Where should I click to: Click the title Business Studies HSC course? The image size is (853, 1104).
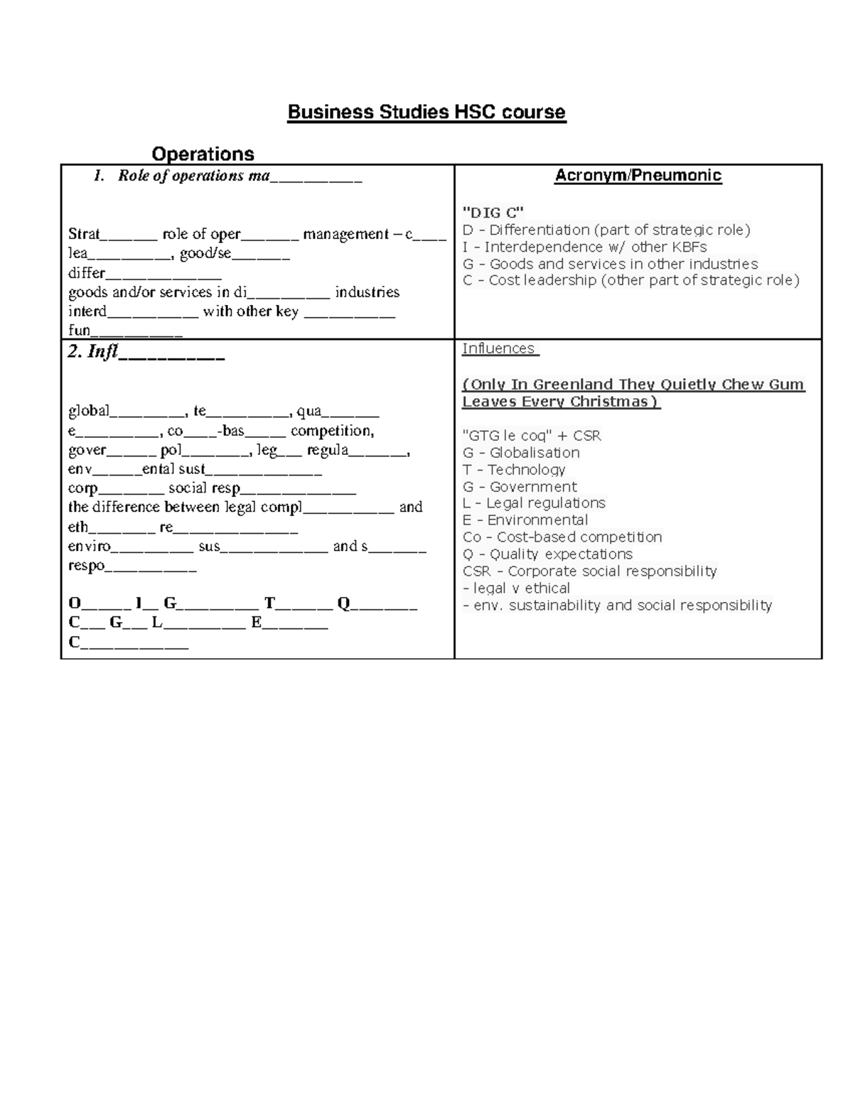pyautogui.click(x=426, y=112)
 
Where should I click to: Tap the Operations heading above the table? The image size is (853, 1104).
pyautogui.click(x=203, y=154)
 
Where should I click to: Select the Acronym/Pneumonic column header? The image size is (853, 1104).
pyautogui.click(x=638, y=176)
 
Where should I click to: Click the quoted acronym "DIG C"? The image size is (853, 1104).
pyautogui.click(x=493, y=212)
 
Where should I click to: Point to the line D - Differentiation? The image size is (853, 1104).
pyautogui.click(x=606, y=230)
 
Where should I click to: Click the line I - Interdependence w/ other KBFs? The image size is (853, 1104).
pyautogui.click(x=584, y=247)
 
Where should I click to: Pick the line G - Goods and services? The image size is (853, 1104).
pyautogui.click(x=610, y=264)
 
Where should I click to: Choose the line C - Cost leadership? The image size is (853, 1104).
pyautogui.click(x=631, y=280)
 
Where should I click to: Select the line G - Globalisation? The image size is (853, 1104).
pyautogui.click(x=520, y=453)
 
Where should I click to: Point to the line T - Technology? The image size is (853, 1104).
pyautogui.click(x=513, y=470)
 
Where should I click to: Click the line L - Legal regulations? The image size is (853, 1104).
pyautogui.click(x=533, y=503)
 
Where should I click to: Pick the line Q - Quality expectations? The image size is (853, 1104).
pyautogui.click(x=547, y=554)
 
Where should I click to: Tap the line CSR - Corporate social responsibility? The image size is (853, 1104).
pyautogui.click(x=589, y=572)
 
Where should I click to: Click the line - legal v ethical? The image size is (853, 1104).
pyautogui.click(x=516, y=589)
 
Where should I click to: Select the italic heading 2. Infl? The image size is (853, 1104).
pyautogui.click(x=92, y=352)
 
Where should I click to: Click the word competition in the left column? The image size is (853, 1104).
pyautogui.click(x=332, y=431)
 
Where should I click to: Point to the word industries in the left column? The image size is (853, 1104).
pyautogui.click(x=367, y=292)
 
